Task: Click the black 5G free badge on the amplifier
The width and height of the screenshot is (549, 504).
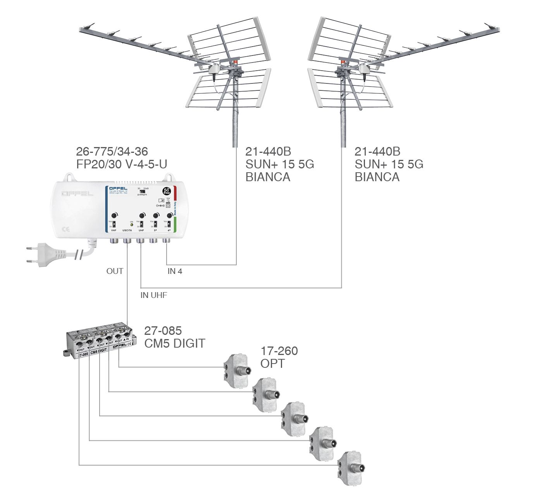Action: point(167,191)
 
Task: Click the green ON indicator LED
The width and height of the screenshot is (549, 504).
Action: point(132,225)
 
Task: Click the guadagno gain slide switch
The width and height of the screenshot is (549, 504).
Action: point(142,192)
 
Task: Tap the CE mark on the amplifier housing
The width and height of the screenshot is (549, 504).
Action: point(66,229)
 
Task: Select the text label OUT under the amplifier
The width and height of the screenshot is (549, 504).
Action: point(115,271)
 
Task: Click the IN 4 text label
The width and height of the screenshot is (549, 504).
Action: point(175,271)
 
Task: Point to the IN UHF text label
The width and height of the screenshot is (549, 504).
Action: point(153,295)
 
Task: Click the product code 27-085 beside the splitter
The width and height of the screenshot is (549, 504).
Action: point(163,331)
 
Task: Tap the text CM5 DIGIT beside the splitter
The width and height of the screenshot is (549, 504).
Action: point(174,343)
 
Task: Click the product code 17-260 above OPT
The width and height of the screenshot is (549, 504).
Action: point(279,351)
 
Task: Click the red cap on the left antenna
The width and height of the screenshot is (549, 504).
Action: point(235,62)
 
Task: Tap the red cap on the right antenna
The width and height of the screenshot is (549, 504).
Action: point(343,61)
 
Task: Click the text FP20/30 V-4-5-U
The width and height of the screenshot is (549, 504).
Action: point(122,164)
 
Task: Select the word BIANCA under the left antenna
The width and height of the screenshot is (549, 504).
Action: point(268,177)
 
